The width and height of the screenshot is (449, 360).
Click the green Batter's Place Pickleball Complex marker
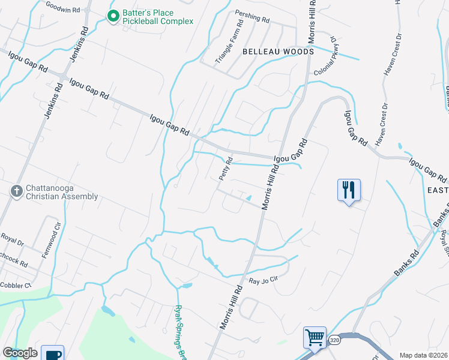pos(112,16)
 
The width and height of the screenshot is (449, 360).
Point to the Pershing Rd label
pos(253,19)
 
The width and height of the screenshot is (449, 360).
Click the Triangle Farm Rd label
pos(229,43)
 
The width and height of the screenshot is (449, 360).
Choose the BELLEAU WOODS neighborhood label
pos(278,52)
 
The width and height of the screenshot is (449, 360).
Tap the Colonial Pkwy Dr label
pos(329,60)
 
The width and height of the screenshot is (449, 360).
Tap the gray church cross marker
pos(16,191)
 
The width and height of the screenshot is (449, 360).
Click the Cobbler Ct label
pos(16,286)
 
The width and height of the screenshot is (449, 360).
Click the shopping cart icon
pos(315,337)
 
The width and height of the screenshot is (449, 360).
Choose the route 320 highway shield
pos(334,340)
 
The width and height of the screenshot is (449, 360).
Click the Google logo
pos(20,353)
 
